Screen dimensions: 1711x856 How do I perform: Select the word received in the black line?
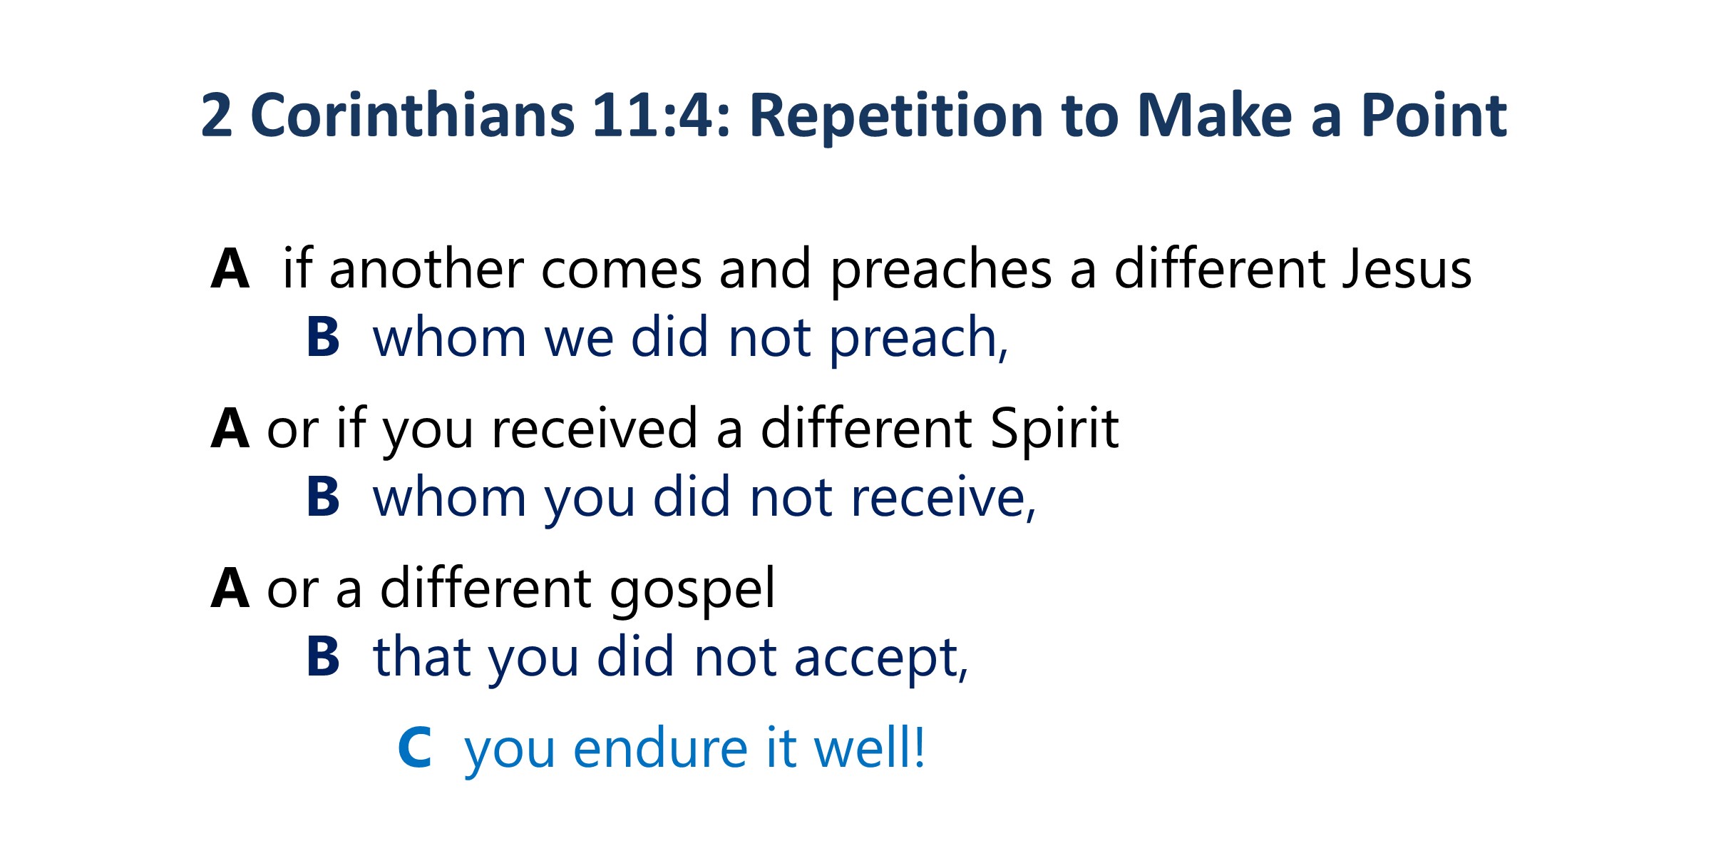[x=595, y=428]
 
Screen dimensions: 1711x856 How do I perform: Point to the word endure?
[x=661, y=748]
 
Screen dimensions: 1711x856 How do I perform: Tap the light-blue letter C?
[x=415, y=748]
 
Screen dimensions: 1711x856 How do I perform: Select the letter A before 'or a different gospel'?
[x=230, y=588]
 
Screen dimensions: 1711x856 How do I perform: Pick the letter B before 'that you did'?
[x=323, y=656]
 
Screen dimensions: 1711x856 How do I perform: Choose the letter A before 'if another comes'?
[x=230, y=269]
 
